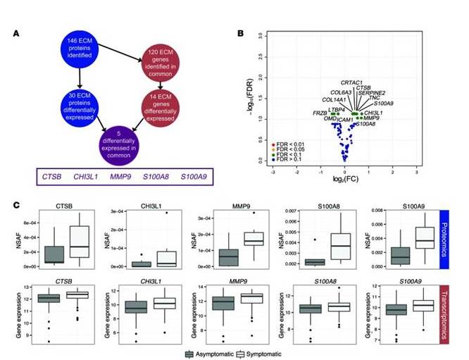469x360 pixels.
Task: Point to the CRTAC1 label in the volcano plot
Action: [351, 82]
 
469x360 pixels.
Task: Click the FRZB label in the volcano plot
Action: [319, 113]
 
